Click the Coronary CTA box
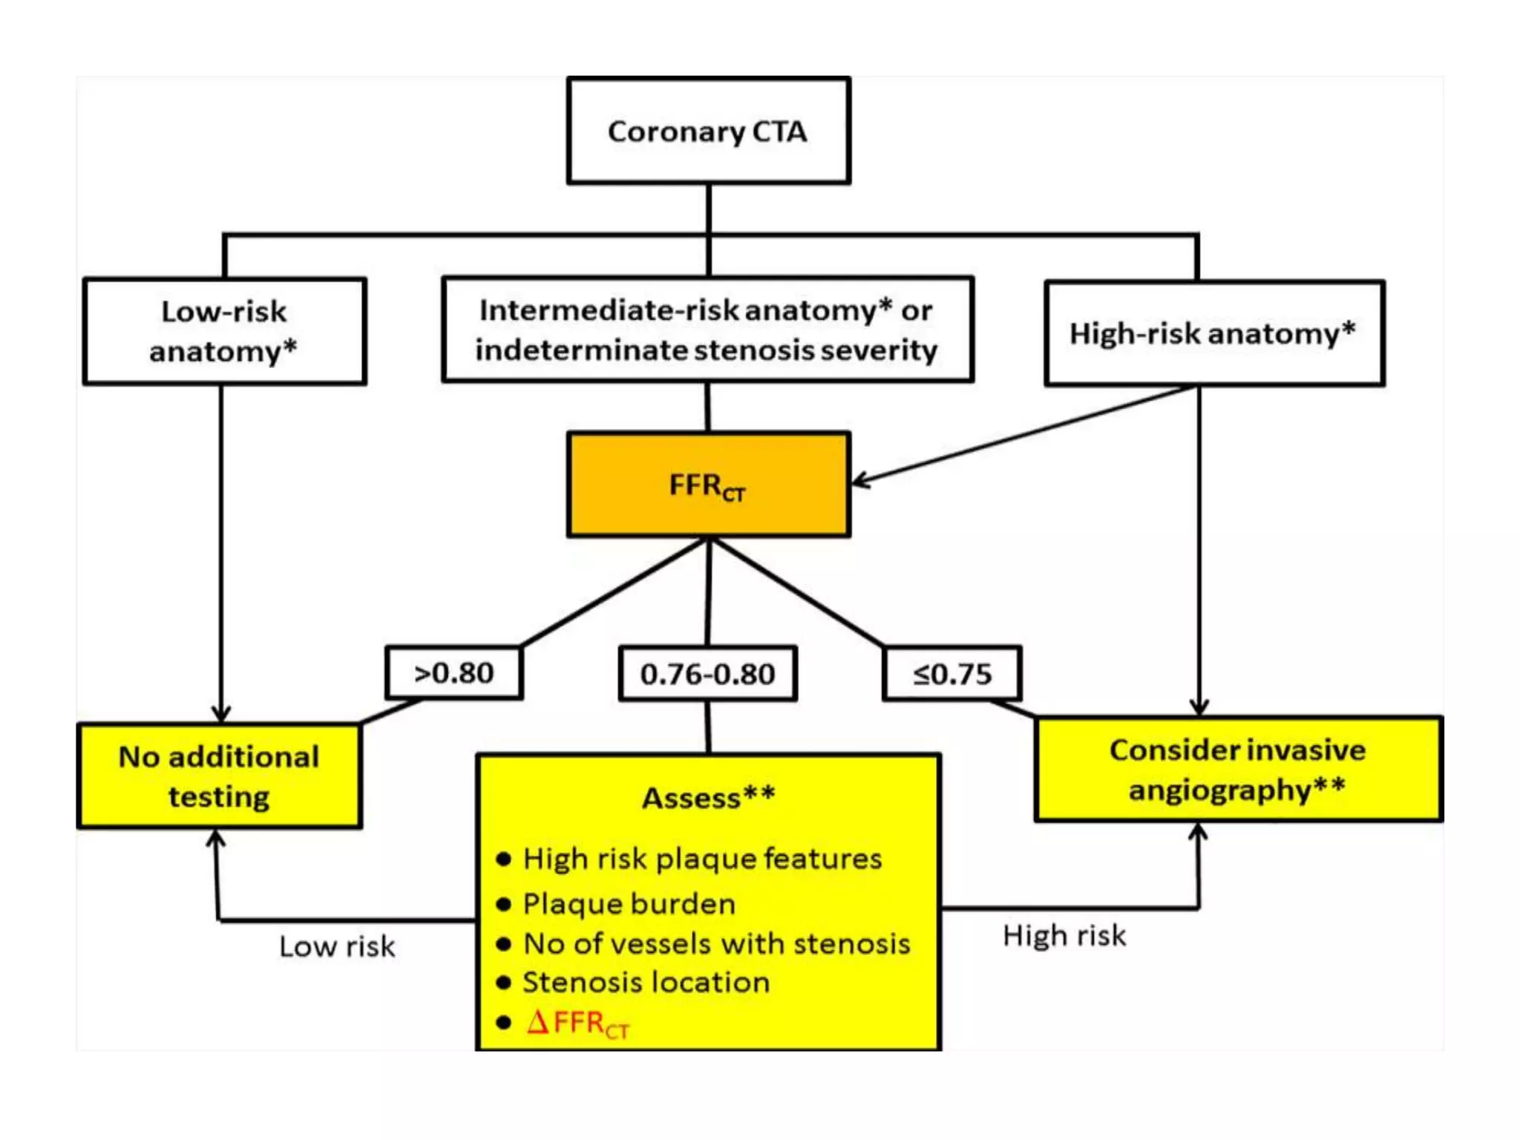tap(708, 131)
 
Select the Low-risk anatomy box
tap(224, 331)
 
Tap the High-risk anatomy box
tap(1213, 333)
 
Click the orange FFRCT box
tap(708, 485)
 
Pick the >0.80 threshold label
tap(453, 673)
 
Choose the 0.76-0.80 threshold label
tap(708, 674)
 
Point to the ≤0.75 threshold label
tap(952, 674)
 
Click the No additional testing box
tap(220, 776)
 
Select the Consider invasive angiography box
tap(1237, 769)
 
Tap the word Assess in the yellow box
tap(692, 799)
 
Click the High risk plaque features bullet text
tap(702, 859)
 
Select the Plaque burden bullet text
tap(629, 904)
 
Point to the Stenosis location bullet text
tap(646, 983)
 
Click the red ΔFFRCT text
tap(577, 1023)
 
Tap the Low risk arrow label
tap(337, 947)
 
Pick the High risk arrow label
tap(1064, 936)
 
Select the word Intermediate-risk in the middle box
tap(609, 310)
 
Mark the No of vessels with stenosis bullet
tap(716, 944)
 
